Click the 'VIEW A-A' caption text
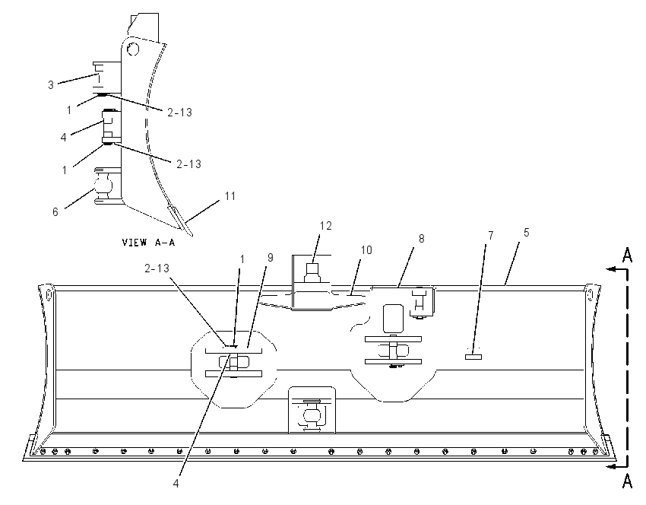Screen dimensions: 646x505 click(148, 243)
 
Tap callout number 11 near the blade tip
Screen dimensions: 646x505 click(230, 195)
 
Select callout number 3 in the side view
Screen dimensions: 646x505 click(51, 85)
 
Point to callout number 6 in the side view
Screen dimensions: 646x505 click(55, 212)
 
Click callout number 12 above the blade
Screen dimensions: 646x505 click(325, 226)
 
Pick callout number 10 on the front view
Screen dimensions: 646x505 click(366, 250)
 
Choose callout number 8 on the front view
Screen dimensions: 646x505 click(422, 239)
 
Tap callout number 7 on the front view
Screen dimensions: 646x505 click(491, 236)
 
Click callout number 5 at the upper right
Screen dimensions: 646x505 click(526, 233)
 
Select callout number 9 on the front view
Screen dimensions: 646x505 click(271, 258)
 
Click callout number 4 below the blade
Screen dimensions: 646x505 click(176, 484)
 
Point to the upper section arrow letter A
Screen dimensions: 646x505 click(627, 256)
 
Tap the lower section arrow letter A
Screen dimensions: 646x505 click(627, 481)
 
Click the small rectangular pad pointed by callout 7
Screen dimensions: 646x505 click(473, 357)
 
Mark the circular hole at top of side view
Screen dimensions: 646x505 click(133, 49)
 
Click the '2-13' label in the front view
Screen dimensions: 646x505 click(157, 268)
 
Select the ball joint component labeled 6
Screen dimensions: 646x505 click(103, 186)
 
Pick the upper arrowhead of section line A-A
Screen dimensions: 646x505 click(612, 269)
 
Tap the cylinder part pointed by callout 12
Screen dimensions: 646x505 click(312, 272)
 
